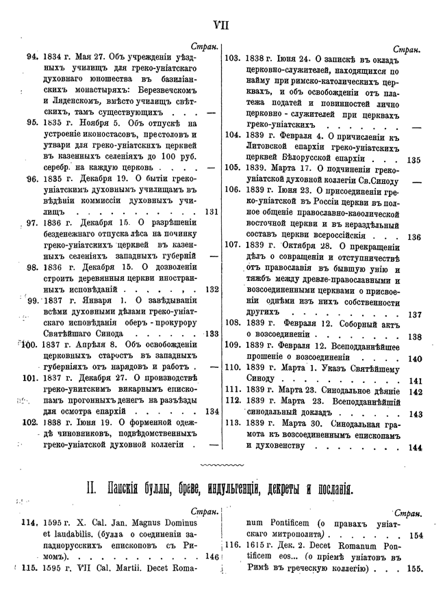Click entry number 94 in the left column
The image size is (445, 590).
(x=31, y=57)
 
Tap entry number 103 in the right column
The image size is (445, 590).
(x=232, y=58)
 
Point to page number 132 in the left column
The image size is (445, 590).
(x=211, y=289)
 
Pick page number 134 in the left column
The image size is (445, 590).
(x=211, y=412)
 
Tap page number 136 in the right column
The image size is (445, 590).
(x=413, y=237)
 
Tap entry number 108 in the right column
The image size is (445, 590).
(x=233, y=323)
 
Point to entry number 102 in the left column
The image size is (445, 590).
(x=30, y=423)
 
